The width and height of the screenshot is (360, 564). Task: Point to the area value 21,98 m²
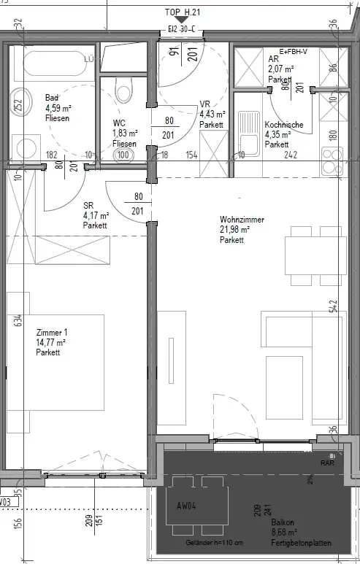coord(235,230)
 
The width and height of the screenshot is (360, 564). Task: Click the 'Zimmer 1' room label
coord(50,333)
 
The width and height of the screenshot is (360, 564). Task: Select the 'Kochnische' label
coord(283,125)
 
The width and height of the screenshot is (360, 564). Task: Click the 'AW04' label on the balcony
coord(188,505)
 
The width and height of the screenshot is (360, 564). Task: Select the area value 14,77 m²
coord(51,343)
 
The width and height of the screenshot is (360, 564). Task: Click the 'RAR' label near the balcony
coord(327,463)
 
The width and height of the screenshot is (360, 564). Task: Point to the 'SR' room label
coord(88,206)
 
